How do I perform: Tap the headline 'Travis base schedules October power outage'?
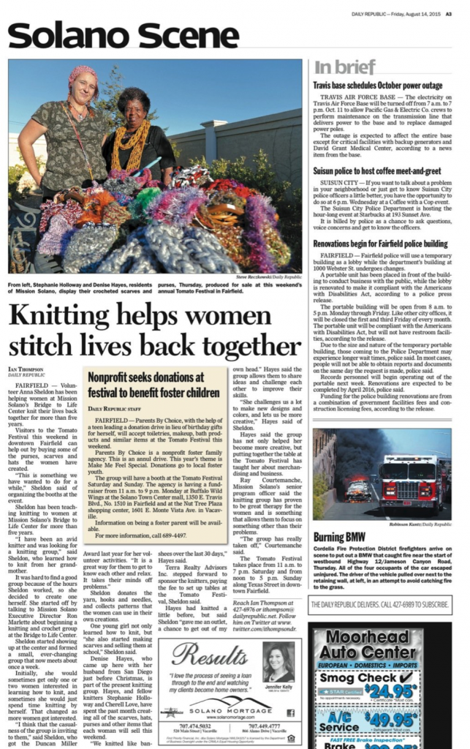click(x=377, y=86)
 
